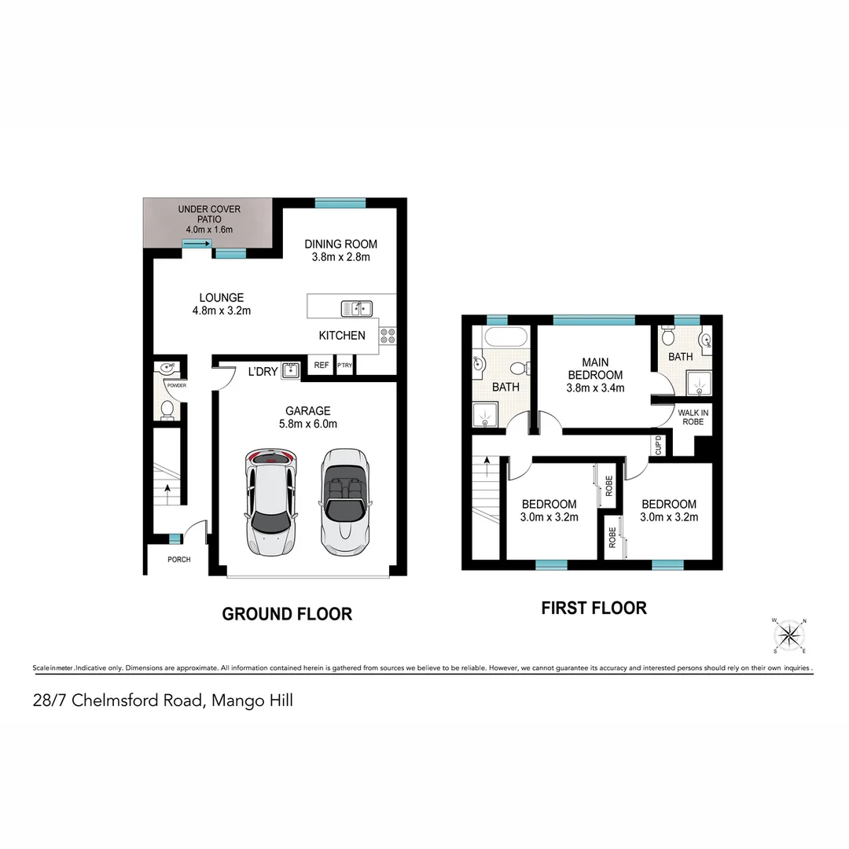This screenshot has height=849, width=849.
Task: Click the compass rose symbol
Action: [x=791, y=635]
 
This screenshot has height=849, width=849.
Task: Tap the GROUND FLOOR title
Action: [x=287, y=614]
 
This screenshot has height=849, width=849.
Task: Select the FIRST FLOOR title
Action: [x=594, y=608]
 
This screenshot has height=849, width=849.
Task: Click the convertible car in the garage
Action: [x=344, y=501]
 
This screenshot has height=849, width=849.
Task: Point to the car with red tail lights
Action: [x=271, y=501]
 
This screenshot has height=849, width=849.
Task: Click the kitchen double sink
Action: [x=356, y=307]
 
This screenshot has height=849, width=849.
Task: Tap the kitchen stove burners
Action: [x=388, y=336]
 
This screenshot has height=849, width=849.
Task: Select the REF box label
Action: [x=321, y=366]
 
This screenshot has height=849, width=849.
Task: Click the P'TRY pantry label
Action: [x=344, y=366]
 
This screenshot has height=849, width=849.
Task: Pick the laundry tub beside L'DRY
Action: [x=290, y=370]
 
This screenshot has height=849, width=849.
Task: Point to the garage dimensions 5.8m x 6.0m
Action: [x=307, y=424]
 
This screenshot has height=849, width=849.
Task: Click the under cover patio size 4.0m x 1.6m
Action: [x=208, y=229]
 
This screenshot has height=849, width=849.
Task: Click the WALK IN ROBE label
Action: [x=693, y=417]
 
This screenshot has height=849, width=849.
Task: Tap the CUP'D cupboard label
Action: [x=658, y=445]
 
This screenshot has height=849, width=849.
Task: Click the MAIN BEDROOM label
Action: [x=595, y=369]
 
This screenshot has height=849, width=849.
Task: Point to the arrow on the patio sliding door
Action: [x=193, y=244]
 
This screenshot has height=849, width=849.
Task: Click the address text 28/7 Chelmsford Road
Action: [x=118, y=700]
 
